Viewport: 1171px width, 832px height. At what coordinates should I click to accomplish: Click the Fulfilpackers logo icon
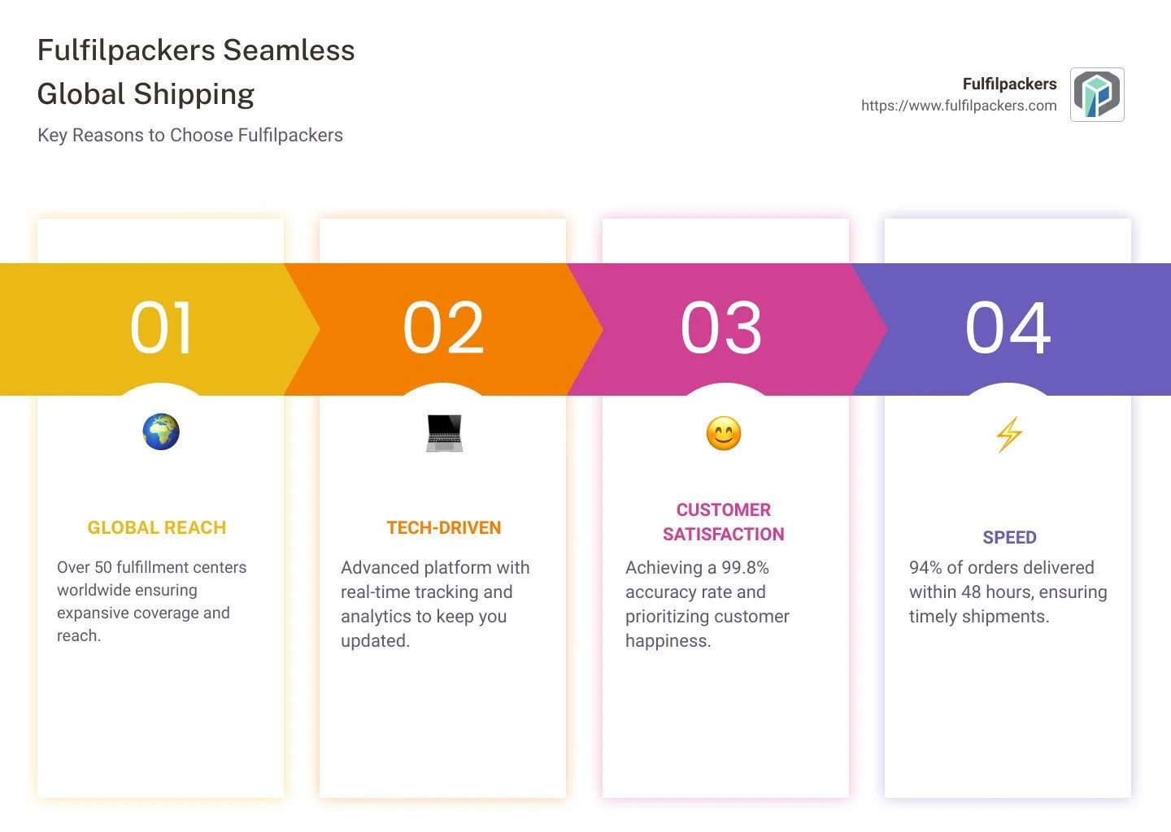click(x=1097, y=95)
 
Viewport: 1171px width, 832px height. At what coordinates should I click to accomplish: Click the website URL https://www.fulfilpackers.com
click(x=959, y=106)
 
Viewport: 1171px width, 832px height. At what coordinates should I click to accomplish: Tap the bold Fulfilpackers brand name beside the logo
click(x=1009, y=84)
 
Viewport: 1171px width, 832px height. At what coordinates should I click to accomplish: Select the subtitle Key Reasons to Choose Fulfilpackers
click(x=190, y=135)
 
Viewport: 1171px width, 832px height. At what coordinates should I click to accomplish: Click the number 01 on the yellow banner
click(x=161, y=328)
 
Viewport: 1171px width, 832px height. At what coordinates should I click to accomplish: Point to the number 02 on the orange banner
click(x=443, y=328)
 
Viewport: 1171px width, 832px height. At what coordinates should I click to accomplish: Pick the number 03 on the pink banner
click(x=721, y=328)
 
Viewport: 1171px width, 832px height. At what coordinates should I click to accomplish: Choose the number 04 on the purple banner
click(x=1008, y=328)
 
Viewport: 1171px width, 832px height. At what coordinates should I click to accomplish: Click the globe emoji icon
click(x=161, y=432)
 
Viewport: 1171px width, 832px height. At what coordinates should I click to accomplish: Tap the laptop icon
click(x=444, y=433)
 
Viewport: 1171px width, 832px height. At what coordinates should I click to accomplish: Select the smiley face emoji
click(x=724, y=433)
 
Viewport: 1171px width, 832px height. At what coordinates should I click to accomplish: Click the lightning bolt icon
click(x=1009, y=434)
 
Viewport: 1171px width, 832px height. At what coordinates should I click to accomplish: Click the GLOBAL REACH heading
click(x=157, y=528)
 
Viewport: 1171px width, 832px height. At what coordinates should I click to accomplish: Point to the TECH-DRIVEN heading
click(x=444, y=528)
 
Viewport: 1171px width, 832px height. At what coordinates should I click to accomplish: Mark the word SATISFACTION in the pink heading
click(x=724, y=535)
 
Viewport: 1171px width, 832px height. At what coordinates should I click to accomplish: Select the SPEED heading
click(x=1009, y=538)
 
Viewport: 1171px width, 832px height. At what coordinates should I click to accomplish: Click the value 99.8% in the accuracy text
click(x=745, y=568)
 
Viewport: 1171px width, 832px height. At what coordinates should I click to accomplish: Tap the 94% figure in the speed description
click(x=925, y=568)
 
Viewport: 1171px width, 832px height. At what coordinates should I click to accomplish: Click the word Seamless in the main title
click(x=289, y=50)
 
